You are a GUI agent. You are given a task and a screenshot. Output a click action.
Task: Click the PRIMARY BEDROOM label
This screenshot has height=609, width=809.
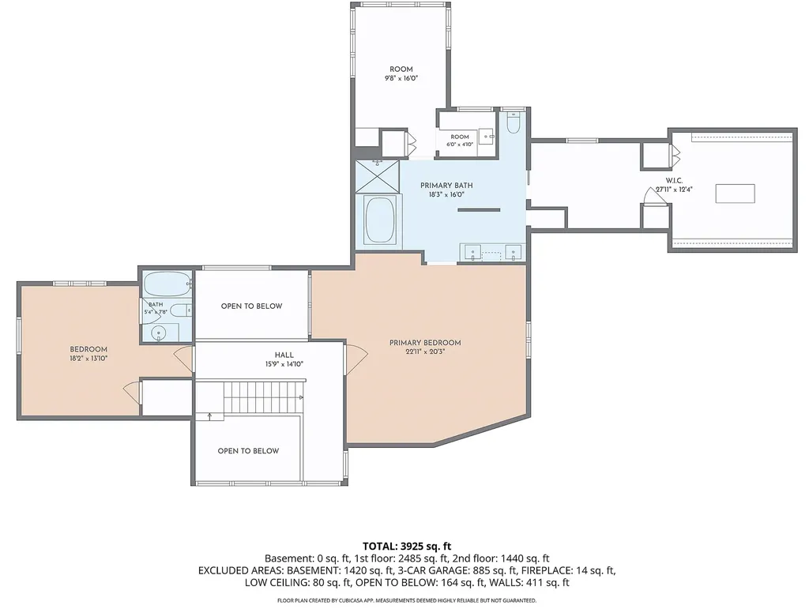click(424, 342)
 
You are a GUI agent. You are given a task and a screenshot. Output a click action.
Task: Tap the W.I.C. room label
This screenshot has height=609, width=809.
click(674, 180)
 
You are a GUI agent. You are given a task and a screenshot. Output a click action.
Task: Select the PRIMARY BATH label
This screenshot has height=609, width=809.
click(446, 185)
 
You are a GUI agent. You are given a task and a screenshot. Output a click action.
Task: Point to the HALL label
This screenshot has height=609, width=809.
click(284, 355)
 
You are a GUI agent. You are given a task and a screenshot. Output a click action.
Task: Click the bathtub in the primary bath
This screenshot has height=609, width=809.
click(380, 220)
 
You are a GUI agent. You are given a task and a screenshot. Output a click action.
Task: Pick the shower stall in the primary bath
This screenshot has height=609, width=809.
click(377, 176)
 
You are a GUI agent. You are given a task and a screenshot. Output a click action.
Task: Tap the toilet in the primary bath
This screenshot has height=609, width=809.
click(513, 122)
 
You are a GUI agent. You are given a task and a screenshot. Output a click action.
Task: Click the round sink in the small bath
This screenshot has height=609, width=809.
click(159, 334)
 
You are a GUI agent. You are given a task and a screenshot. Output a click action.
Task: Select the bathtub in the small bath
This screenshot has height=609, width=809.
click(166, 284)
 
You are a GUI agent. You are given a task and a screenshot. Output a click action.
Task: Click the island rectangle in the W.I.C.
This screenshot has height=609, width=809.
click(735, 194)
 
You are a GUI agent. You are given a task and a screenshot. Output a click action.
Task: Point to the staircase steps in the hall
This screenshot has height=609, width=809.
click(263, 397)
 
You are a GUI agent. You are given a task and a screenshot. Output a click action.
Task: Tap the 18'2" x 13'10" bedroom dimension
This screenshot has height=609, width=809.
click(88, 359)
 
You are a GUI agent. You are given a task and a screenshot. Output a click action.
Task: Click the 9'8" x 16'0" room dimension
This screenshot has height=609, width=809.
click(401, 78)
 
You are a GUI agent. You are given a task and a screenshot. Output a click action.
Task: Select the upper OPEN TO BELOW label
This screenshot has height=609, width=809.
click(252, 306)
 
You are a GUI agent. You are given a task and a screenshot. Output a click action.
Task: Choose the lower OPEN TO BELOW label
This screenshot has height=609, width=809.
click(248, 451)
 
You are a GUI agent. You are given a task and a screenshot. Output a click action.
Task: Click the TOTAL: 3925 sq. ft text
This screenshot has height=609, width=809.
click(407, 546)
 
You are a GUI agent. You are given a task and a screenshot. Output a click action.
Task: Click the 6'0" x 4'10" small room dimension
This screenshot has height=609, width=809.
click(460, 145)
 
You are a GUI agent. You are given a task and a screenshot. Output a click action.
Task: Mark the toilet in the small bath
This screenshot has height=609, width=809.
click(180, 310)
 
